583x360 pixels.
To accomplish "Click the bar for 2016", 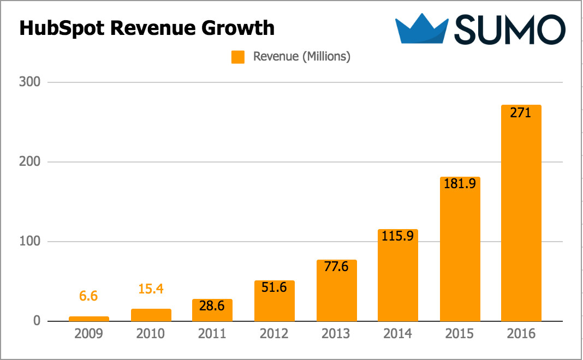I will pos(521,218).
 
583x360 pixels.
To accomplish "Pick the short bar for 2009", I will pos(89,319).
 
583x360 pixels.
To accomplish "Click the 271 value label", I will pos(521,115).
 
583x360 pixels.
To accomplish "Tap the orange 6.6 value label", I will pos(89,296).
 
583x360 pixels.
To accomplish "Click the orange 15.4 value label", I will pos(151,290).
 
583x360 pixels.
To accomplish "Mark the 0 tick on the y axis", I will pos(37,321).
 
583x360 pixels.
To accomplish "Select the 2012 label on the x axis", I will pos(274,334).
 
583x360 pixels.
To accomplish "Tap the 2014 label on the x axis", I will pos(398,334).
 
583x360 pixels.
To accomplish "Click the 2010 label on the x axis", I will pos(151,334).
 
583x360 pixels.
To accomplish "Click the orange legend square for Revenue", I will pos(237,57).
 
